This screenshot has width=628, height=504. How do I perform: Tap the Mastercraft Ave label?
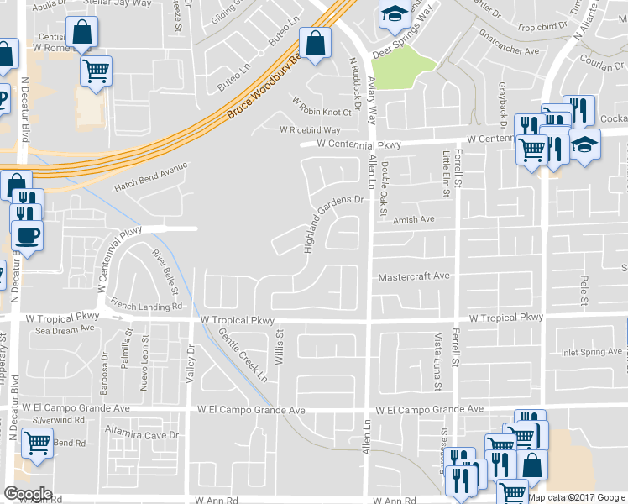coord(414,276)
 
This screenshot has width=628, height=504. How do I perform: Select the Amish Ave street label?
coord(413,219)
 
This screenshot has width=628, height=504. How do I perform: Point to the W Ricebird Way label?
coord(310,130)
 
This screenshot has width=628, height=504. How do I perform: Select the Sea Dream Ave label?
coord(66,330)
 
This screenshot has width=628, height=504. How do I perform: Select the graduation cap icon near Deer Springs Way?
coord(394,14)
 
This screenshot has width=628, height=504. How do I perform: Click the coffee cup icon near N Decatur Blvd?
coord(27,234)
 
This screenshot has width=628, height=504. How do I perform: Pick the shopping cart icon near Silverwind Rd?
coord(37,441)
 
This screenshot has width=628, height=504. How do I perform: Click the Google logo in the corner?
coord(27,494)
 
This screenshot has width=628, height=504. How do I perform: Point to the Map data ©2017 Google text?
coord(577,496)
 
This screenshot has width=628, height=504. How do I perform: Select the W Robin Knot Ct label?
coord(322,112)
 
